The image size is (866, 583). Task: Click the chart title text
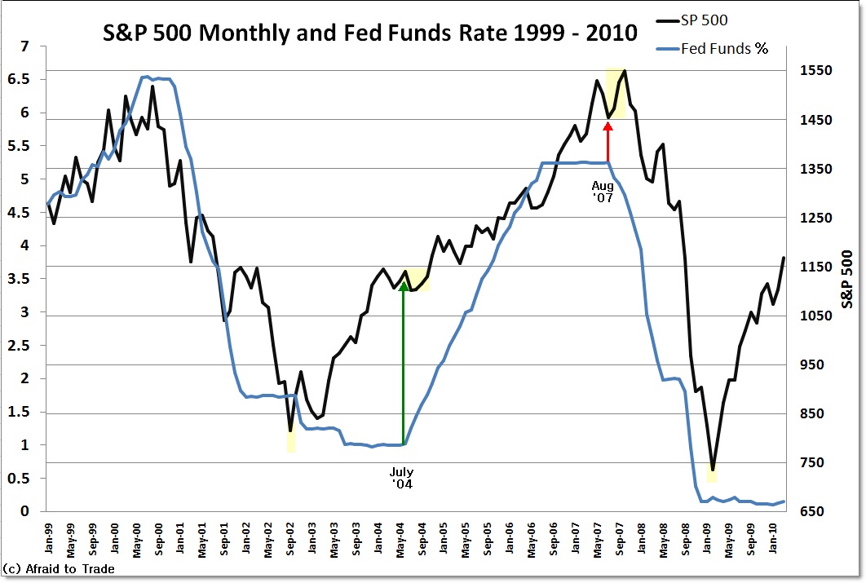pyautogui.click(x=369, y=33)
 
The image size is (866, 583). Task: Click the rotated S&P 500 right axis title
pyautogui.click(x=848, y=278)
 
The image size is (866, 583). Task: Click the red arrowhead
pyautogui.click(x=608, y=126)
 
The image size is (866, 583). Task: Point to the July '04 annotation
pyautogui.click(x=401, y=478)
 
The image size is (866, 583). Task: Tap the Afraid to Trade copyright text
pyautogui.click(x=58, y=569)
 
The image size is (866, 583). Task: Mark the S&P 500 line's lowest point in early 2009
pyautogui.click(x=712, y=470)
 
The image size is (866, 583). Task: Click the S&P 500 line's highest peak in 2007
pyautogui.click(x=625, y=71)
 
